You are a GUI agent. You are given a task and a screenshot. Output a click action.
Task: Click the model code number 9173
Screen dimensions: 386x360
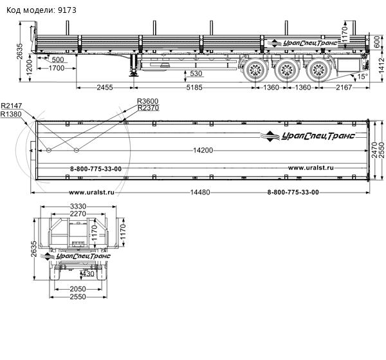click(x=67, y=10)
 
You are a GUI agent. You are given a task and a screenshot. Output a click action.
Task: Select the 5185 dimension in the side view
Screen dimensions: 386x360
click(x=194, y=88)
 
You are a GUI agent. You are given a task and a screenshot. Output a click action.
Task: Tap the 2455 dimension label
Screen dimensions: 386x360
click(x=105, y=88)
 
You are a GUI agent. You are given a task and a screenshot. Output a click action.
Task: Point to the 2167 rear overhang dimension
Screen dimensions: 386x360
click(x=344, y=88)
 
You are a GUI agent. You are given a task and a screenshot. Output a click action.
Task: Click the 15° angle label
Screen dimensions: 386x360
click(x=362, y=77)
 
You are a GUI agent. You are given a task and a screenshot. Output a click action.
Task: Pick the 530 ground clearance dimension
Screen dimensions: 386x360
click(x=196, y=73)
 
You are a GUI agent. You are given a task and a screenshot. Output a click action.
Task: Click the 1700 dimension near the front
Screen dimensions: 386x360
click(x=57, y=68)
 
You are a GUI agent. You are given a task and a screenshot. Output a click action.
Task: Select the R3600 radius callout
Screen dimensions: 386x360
click(x=148, y=101)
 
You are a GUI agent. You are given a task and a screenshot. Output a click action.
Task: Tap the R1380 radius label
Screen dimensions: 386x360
click(x=11, y=114)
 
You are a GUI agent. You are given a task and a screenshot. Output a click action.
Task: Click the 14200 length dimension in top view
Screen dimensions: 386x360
click(x=203, y=150)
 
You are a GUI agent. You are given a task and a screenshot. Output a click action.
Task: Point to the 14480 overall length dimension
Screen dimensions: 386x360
click(x=200, y=192)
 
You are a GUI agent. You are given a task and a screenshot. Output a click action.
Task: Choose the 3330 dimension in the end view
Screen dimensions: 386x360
click(x=78, y=206)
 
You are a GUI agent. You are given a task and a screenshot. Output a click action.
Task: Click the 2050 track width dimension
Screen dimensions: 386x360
click(x=78, y=289)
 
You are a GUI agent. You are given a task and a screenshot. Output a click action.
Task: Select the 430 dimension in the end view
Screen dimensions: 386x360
click(x=88, y=274)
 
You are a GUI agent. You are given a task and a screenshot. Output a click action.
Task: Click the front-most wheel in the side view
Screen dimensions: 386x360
click(x=255, y=70)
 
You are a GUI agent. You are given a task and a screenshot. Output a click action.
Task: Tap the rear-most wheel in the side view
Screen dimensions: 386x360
click(x=319, y=70)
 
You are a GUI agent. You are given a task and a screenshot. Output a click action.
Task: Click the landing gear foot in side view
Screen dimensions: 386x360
click(x=133, y=73)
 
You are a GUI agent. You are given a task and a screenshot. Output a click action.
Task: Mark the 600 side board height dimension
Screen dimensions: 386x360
click(x=376, y=42)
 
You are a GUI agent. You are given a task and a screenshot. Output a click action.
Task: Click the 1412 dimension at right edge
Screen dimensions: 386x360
click(x=381, y=65)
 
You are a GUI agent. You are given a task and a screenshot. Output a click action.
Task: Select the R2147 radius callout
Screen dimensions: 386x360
click(x=12, y=106)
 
